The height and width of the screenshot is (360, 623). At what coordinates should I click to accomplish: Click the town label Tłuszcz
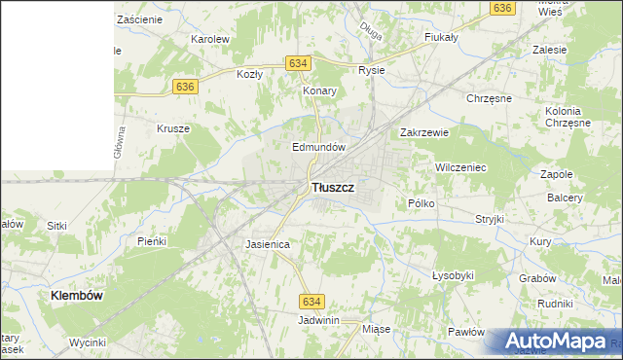332,186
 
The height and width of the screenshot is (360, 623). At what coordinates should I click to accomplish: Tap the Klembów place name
77,294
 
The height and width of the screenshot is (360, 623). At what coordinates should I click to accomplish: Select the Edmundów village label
319,147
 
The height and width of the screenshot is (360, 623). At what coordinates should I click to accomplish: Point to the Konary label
319,90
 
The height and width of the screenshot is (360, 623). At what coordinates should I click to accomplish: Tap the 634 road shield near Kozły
299,63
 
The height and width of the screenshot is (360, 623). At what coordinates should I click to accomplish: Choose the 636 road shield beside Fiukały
502,8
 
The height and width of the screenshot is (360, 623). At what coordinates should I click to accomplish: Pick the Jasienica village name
268,244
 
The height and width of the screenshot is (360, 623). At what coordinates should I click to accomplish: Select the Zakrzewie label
423,133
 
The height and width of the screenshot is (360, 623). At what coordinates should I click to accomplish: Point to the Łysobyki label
453,275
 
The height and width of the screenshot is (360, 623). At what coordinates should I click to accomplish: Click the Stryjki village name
489,219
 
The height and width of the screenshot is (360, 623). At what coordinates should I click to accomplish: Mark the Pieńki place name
153,240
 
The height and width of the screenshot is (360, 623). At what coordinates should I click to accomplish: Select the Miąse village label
376,329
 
